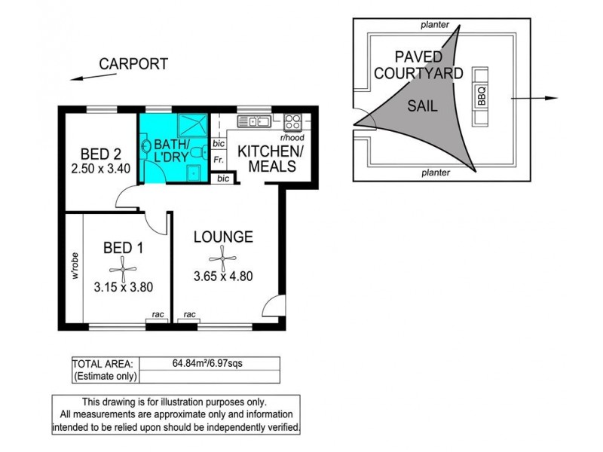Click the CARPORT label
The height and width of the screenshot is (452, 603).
(x=133, y=64)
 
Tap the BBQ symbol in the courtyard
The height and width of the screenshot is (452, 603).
(x=481, y=96)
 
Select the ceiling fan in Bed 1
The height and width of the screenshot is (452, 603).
(x=123, y=270)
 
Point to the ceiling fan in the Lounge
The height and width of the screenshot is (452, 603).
(x=222, y=258)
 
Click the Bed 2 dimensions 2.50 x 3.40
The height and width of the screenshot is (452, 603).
(x=101, y=168)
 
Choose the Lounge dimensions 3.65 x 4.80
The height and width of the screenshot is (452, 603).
(x=223, y=276)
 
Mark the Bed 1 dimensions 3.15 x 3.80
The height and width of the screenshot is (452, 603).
(x=124, y=287)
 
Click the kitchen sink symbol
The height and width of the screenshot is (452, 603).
(x=254, y=121)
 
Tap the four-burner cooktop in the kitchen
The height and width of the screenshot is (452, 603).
(x=292, y=122)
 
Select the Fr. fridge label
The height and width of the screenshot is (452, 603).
(x=219, y=160)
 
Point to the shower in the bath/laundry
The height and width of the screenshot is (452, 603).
(x=193, y=124)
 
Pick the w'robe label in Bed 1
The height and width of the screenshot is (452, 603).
(x=75, y=266)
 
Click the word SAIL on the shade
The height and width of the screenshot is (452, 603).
(x=422, y=105)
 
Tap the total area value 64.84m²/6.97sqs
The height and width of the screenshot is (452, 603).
(x=207, y=363)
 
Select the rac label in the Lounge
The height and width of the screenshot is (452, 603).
(x=190, y=314)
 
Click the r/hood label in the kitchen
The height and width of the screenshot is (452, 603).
(x=292, y=138)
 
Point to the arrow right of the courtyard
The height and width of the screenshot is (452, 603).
(x=534, y=99)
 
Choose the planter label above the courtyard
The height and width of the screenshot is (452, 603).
(x=435, y=25)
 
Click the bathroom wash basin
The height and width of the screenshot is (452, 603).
(x=145, y=146)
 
